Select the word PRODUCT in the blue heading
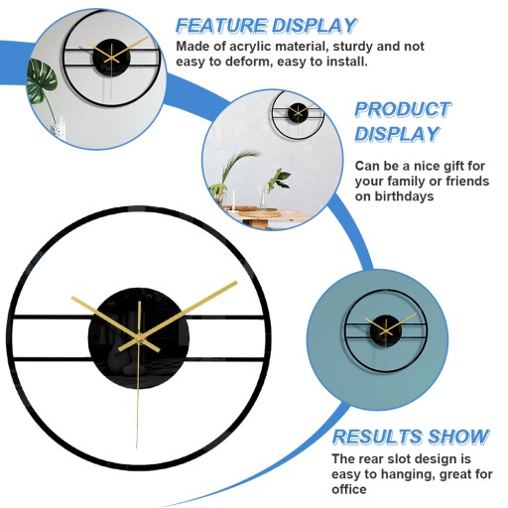pyautogui.click(x=402, y=109)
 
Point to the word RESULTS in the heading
pyautogui.click(x=378, y=437)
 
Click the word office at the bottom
pyautogui.click(x=349, y=489)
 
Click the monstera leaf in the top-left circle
pyautogui.click(x=42, y=79)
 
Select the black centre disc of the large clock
pyautogui.click(x=139, y=338)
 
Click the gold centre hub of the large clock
pyautogui.click(x=140, y=339)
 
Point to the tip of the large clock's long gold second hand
pyautogui.click(x=137, y=448)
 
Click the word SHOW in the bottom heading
pyautogui.click(x=458, y=437)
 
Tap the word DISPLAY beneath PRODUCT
pyautogui.click(x=397, y=134)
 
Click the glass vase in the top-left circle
pyautogui.click(x=59, y=128)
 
